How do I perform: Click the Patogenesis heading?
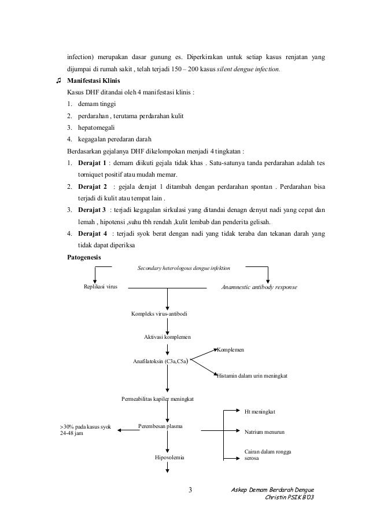point(84,257)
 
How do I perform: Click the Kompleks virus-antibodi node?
point(160,314)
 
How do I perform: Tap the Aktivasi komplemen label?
point(168,337)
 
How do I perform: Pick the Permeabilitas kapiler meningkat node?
point(157,400)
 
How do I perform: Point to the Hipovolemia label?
point(169,458)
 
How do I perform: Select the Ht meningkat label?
point(260,411)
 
